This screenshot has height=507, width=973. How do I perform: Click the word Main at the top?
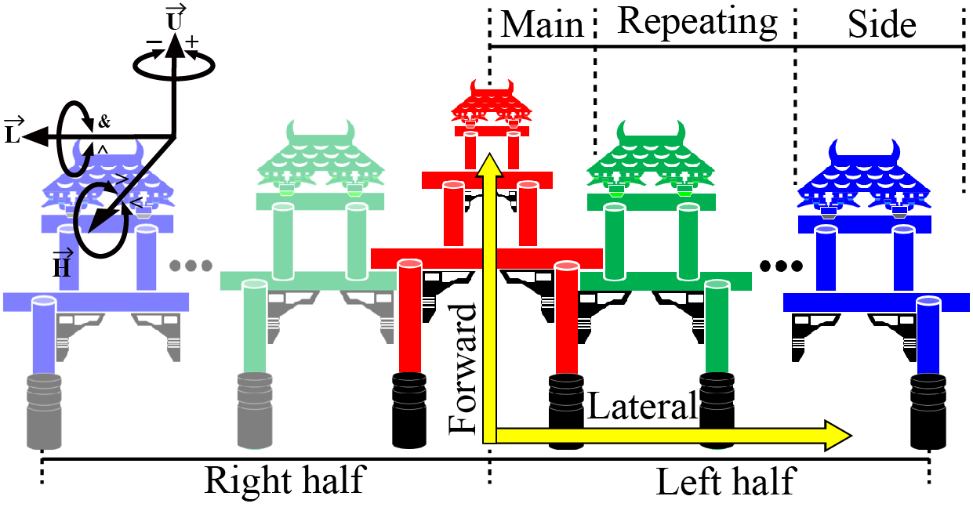coord(542,25)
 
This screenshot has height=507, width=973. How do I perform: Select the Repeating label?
coord(697,23)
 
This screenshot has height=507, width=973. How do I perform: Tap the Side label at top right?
coord(882,25)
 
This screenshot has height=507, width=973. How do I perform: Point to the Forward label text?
coord(463,369)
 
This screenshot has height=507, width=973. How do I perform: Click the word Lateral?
coord(642,405)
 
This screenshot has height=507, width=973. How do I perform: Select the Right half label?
coord(285,480)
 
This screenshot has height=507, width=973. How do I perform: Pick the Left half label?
coord(726,481)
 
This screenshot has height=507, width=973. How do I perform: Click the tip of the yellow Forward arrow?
coord(490,154)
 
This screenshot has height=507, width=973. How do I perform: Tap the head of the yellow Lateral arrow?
coord(851,436)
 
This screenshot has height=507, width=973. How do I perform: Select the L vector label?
coord(14,131)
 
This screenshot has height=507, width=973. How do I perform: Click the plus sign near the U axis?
coord(192,42)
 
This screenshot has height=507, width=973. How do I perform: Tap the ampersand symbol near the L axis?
coord(103,122)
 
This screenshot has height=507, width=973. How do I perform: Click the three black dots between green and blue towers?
coord(781,266)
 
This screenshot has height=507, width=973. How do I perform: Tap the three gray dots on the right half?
coord(191,265)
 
